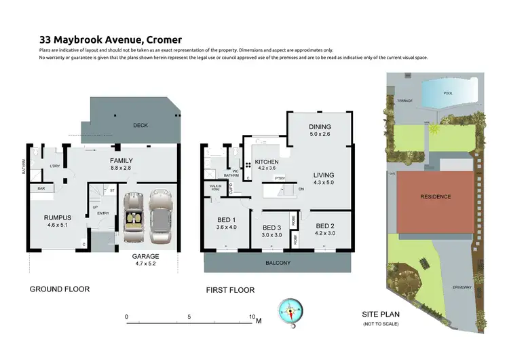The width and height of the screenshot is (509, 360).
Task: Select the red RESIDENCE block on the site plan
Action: (434, 197)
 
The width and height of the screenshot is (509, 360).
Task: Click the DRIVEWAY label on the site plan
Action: (462, 287)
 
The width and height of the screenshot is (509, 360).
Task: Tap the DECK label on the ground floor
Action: (140, 125)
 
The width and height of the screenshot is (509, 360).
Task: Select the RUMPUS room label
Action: (58, 218)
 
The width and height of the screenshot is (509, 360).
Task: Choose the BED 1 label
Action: (225, 219)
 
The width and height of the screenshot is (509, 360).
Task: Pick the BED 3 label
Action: (271, 228)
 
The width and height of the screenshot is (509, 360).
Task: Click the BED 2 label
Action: (325, 226)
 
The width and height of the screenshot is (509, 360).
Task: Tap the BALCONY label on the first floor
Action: (278, 263)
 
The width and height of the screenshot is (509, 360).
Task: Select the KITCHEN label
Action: (266, 162)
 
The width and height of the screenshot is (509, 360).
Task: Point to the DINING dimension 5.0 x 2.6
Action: (320, 134)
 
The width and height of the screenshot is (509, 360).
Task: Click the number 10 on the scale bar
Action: (252, 317)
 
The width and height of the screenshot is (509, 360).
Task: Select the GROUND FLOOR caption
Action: (59, 289)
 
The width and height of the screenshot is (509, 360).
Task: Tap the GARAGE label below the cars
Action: (145, 257)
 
